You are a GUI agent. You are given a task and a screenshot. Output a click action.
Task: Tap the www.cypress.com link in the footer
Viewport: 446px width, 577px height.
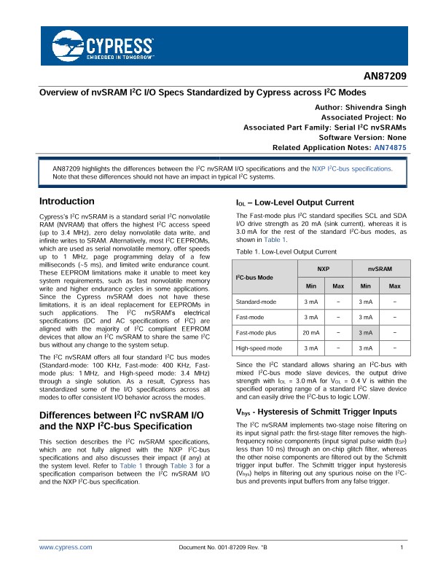click(66, 546)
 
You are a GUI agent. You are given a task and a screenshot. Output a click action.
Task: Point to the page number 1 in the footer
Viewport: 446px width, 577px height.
click(402, 546)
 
